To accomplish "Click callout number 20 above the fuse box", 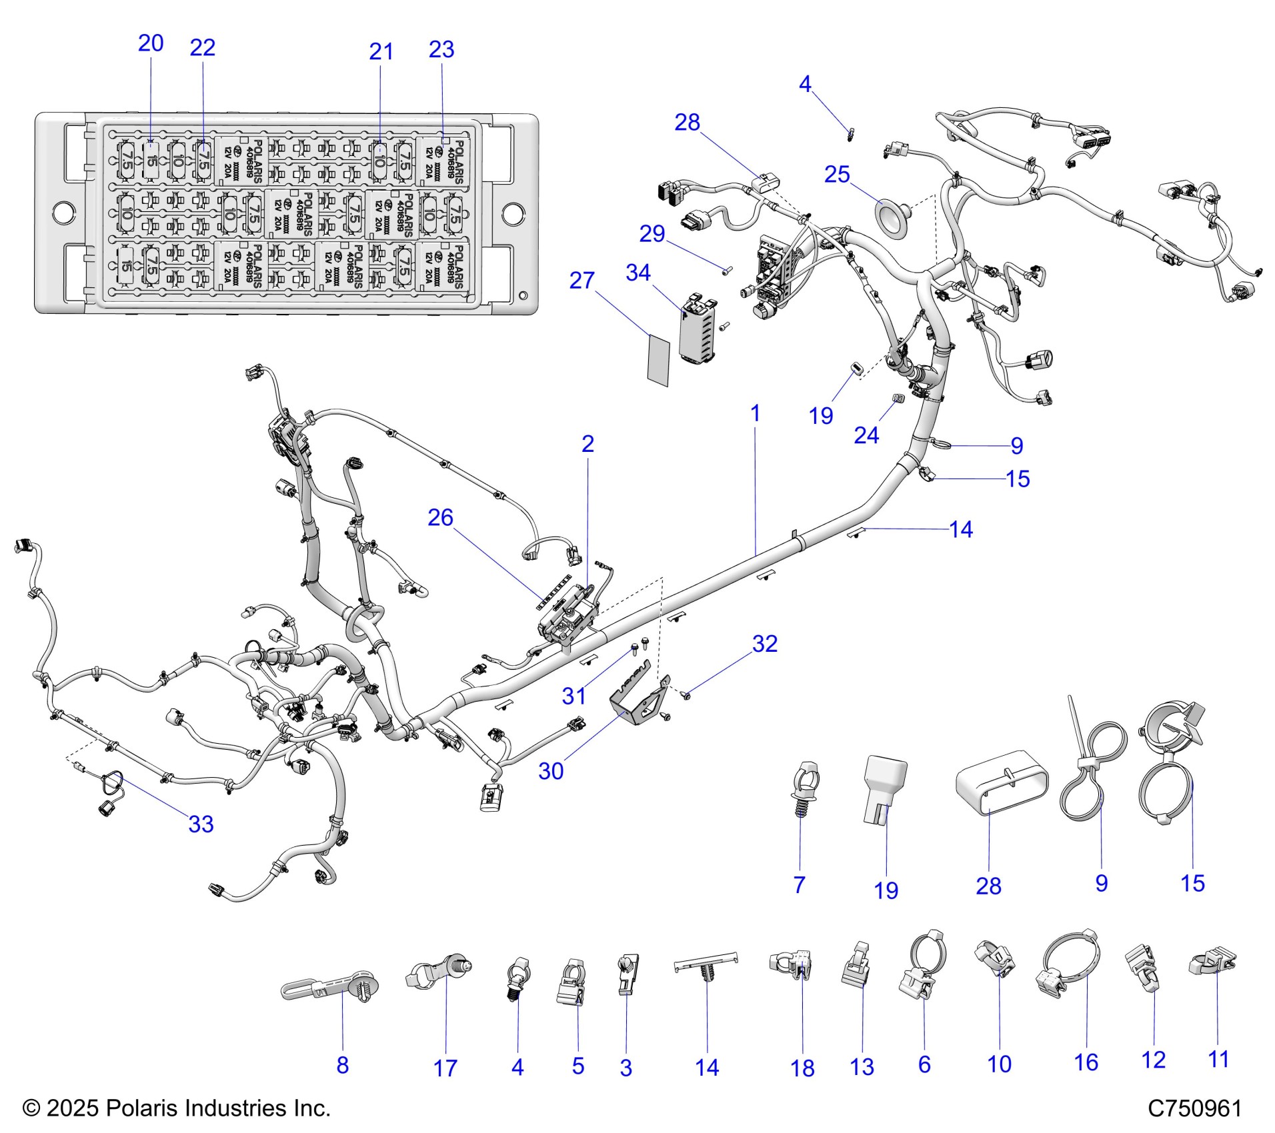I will [x=151, y=43].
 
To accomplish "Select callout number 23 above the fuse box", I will [x=441, y=49].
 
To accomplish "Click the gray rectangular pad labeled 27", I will [x=659, y=361].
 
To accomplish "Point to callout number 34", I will [x=638, y=273].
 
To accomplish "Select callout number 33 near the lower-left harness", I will [x=201, y=824].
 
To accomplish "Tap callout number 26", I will [x=440, y=518].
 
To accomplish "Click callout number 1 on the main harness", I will [x=755, y=413].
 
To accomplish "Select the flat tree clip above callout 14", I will [x=706, y=967].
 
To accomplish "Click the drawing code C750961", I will [x=1194, y=1108].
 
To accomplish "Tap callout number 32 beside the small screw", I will [x=765, y=644].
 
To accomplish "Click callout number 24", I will [x=866, y=435].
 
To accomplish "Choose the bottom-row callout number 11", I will [x=1218, y=1059].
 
